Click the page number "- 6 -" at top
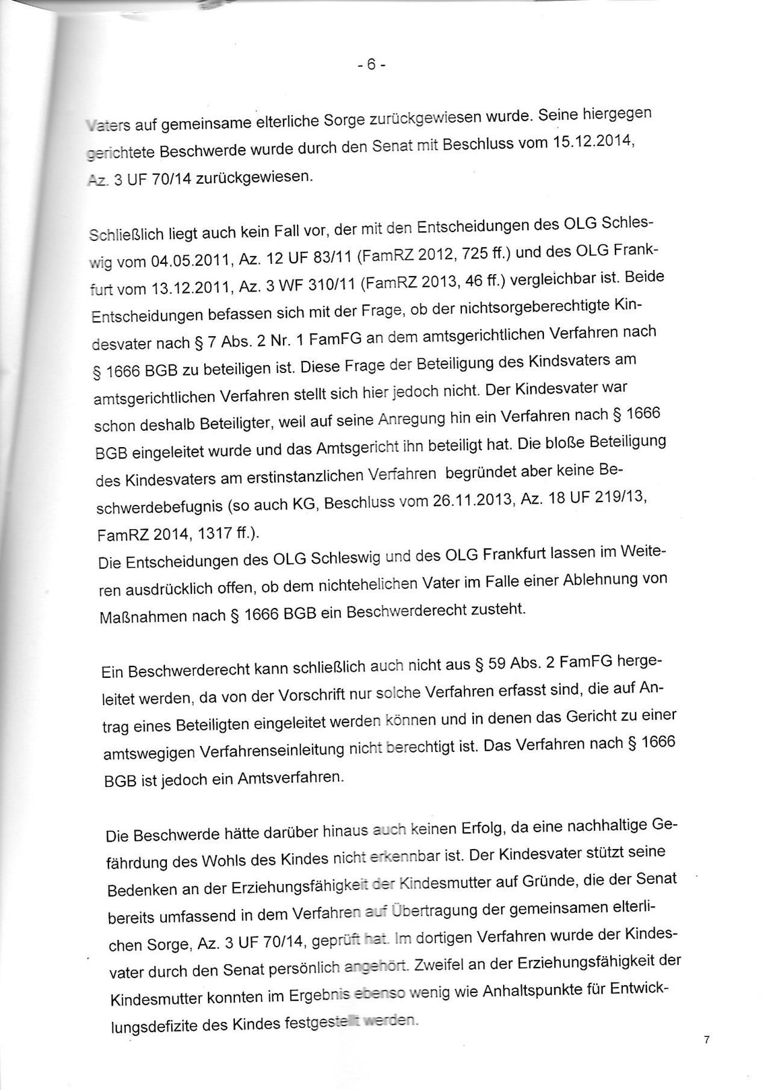coord(371,64)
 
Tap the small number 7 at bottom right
coord(707,1039)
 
